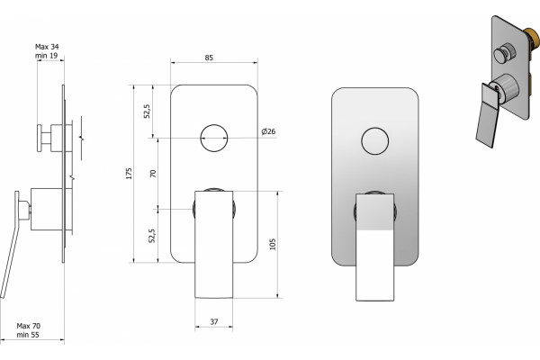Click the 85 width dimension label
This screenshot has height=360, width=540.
click(209, 58)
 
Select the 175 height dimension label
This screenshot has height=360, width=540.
click(129, 174)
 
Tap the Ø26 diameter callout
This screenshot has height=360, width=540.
click(268, 131)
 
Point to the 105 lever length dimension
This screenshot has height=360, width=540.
click(273, 244)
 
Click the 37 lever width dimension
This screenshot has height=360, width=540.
click(214, 322)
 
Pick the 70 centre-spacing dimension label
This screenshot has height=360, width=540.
click(153, 174)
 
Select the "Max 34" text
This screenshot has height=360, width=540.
click(47, 47)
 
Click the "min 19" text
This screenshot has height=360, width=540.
click(46, 56)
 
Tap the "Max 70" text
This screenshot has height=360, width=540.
click(29, 326)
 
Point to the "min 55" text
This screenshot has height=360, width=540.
click(28, 335)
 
